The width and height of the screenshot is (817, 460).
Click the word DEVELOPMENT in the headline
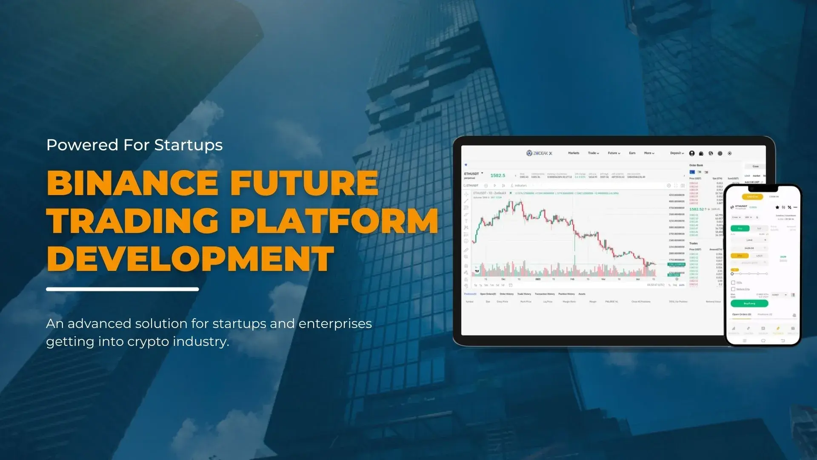[190, 259]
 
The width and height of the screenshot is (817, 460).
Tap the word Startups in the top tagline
[188, 145]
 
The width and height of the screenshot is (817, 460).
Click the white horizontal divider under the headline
[122, 289]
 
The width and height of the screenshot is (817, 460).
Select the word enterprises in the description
[335, 324]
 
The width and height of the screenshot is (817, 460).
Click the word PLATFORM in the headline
[336, 221]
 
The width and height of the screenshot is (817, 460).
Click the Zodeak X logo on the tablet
[539, 153]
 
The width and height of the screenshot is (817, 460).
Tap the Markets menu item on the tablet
[573, 153]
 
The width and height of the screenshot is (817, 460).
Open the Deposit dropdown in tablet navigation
[677, 153]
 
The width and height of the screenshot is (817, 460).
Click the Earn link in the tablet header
[632, 153]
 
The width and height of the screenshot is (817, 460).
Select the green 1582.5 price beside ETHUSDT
[497, 175]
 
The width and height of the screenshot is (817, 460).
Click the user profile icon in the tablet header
[692, 153]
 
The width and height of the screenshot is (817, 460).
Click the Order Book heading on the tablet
[696, 165]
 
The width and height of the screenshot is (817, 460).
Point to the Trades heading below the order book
[694, 243]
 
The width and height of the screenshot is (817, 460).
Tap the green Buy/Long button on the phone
[749, 303]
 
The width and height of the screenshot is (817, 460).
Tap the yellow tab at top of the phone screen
[752, 197]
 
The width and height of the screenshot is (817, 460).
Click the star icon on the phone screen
[777, 207]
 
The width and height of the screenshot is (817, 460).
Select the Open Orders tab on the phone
[741, 314]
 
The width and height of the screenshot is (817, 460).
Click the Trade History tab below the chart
[524, 294]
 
